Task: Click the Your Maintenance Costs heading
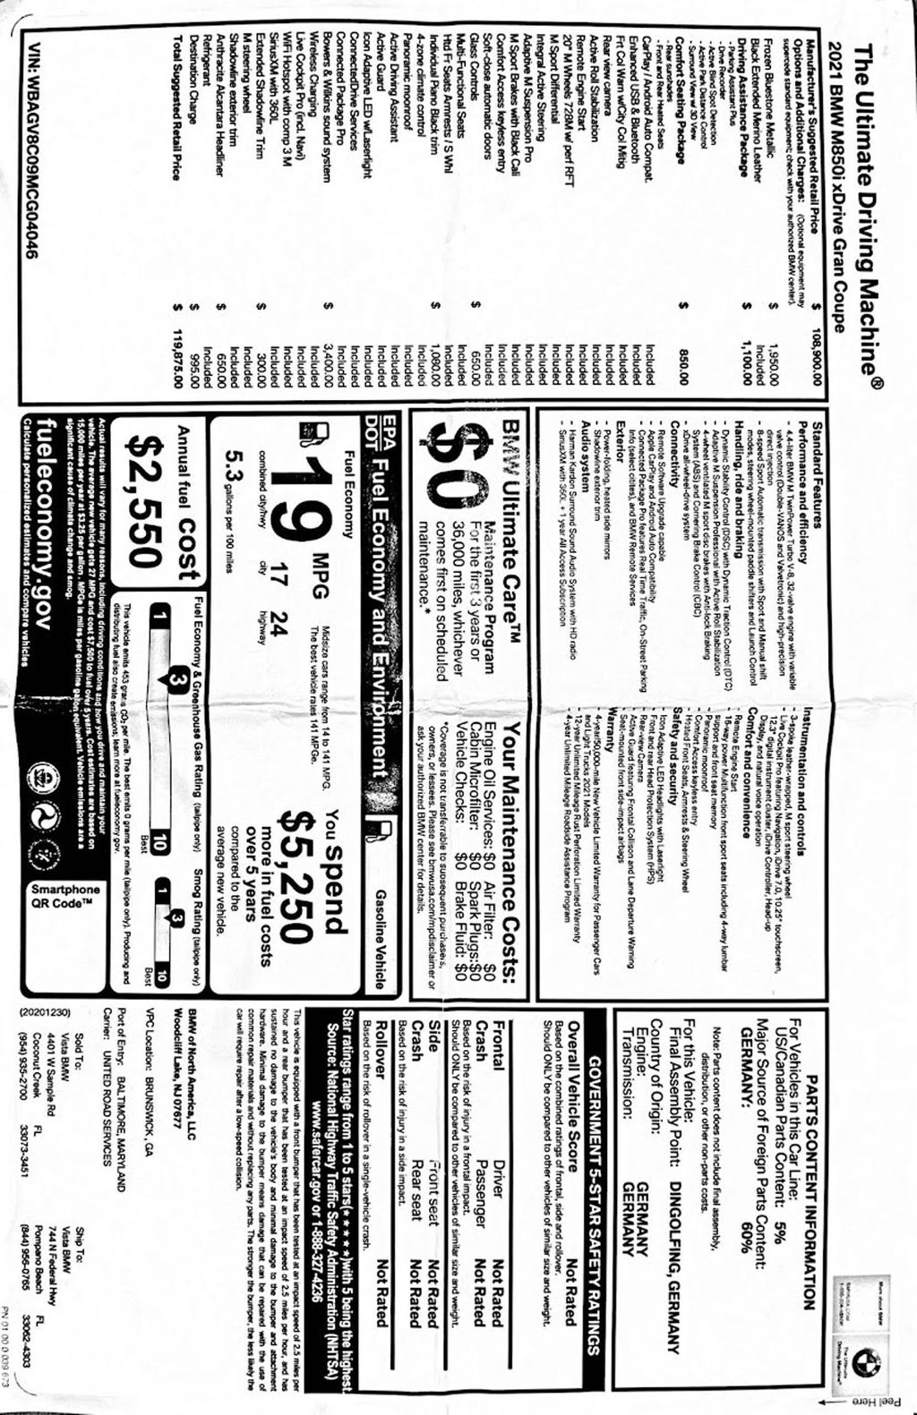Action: (511, 849)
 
